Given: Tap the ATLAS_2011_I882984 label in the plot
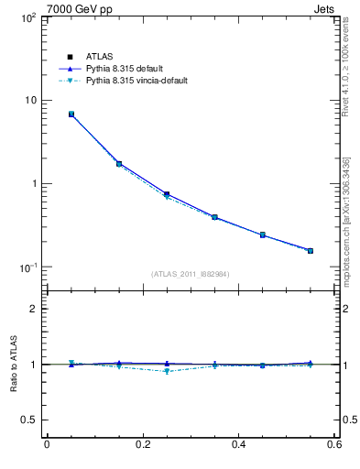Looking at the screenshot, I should pyautogui.click(x=191, y=274).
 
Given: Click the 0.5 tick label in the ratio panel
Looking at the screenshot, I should pyautogui.click(x=27, y=420).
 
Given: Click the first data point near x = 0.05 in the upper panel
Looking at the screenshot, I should pyautogui.click(x=71, y=115).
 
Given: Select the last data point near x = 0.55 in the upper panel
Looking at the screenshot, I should pyautogui.click(x=311, y=250).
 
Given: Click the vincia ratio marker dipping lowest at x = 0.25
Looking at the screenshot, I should pyautogui.click(x=167, y=371).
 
